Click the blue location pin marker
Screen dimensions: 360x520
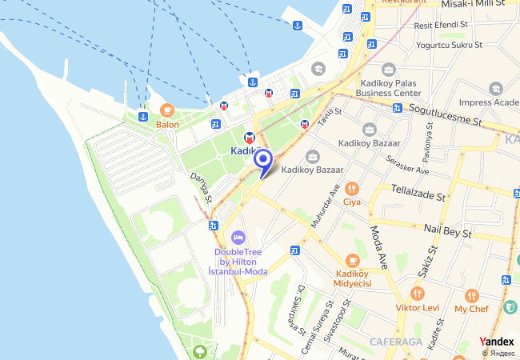[x=263, y=160]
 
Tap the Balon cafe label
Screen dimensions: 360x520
[x=167, y=124]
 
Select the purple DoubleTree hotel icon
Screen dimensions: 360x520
[x=238, y=238]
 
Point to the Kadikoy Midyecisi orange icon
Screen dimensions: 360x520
[x=352, y=261]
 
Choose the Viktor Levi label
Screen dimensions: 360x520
[x=417, y=307]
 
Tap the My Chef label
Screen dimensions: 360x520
[x=471, y=309]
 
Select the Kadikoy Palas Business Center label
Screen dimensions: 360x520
[x=389, y=87]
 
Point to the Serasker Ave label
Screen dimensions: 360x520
[x=406, y=166]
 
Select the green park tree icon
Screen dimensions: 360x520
[x=200, y=350]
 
